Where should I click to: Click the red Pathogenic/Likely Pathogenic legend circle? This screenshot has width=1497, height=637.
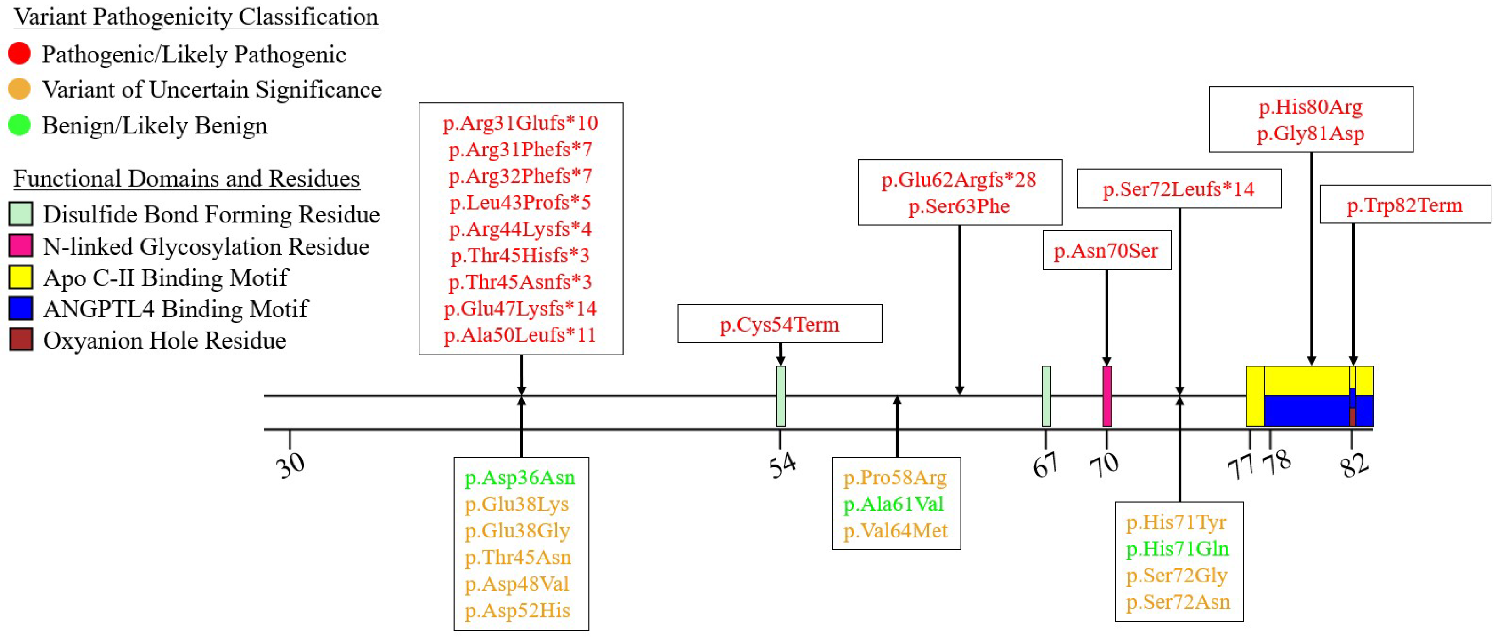[19, 53]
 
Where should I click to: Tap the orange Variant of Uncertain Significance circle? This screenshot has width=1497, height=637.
[19, 89]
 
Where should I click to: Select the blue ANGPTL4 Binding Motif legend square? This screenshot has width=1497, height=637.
[20, 308]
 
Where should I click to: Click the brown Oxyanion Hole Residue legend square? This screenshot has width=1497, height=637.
[20, 340]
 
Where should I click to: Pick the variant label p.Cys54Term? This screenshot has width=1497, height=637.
[779, 324]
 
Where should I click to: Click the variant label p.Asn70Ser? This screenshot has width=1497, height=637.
[1106, 251]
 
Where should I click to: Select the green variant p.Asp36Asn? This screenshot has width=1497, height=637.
[520, 477]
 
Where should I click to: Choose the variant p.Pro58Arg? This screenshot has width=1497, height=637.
[895, 477]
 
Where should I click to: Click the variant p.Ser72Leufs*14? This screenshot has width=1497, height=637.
[1179, 189]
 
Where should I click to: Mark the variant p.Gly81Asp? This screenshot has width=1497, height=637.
[1311, 133]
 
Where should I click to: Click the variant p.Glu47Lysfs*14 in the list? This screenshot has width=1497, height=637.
[520, 308]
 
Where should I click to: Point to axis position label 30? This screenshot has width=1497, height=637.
[290, 465]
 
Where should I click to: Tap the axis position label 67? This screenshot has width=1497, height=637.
[1045, 465]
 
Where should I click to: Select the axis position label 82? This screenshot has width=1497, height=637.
[1354, 465]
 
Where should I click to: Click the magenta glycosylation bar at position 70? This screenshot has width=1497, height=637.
[1107, 396]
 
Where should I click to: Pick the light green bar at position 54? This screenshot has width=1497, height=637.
[781, 396]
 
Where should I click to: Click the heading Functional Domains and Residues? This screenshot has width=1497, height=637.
[186, 178]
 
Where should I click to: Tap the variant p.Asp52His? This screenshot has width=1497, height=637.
[517, 610]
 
